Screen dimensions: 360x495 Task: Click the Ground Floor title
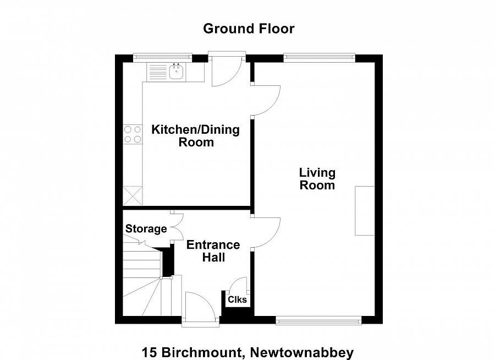click(249, 29)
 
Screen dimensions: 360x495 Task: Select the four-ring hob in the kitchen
click(132, 134)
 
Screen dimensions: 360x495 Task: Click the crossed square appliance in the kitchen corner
click(132, 196)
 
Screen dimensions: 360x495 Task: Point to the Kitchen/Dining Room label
click(196, 136)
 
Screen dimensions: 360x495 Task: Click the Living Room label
click(317, 179)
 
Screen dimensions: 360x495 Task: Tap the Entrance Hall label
click(213, 251)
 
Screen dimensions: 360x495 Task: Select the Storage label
click(146, 229)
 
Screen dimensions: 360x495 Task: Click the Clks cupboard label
click(238, 300)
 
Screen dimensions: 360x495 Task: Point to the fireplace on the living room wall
click(365, 211)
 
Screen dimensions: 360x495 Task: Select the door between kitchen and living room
click(266, 100)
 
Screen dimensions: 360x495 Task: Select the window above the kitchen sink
click(162, 56)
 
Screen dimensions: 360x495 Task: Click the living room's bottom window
click(318, 320)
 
